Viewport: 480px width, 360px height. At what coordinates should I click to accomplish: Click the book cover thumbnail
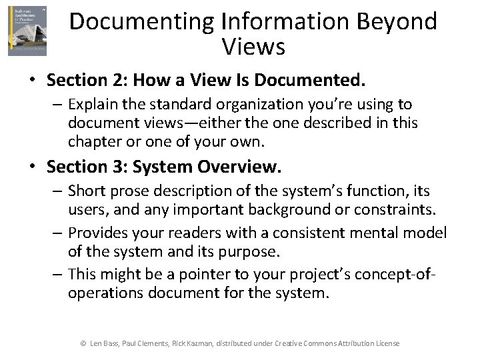tap(27, 31)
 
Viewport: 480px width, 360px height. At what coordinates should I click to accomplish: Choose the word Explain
tap(93, 105)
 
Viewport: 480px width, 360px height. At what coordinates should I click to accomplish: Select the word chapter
tap(94, 141)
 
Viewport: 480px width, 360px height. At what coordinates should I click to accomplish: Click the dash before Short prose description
tap(59, 191)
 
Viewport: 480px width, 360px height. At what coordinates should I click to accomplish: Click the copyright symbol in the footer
tap(83, 343)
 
